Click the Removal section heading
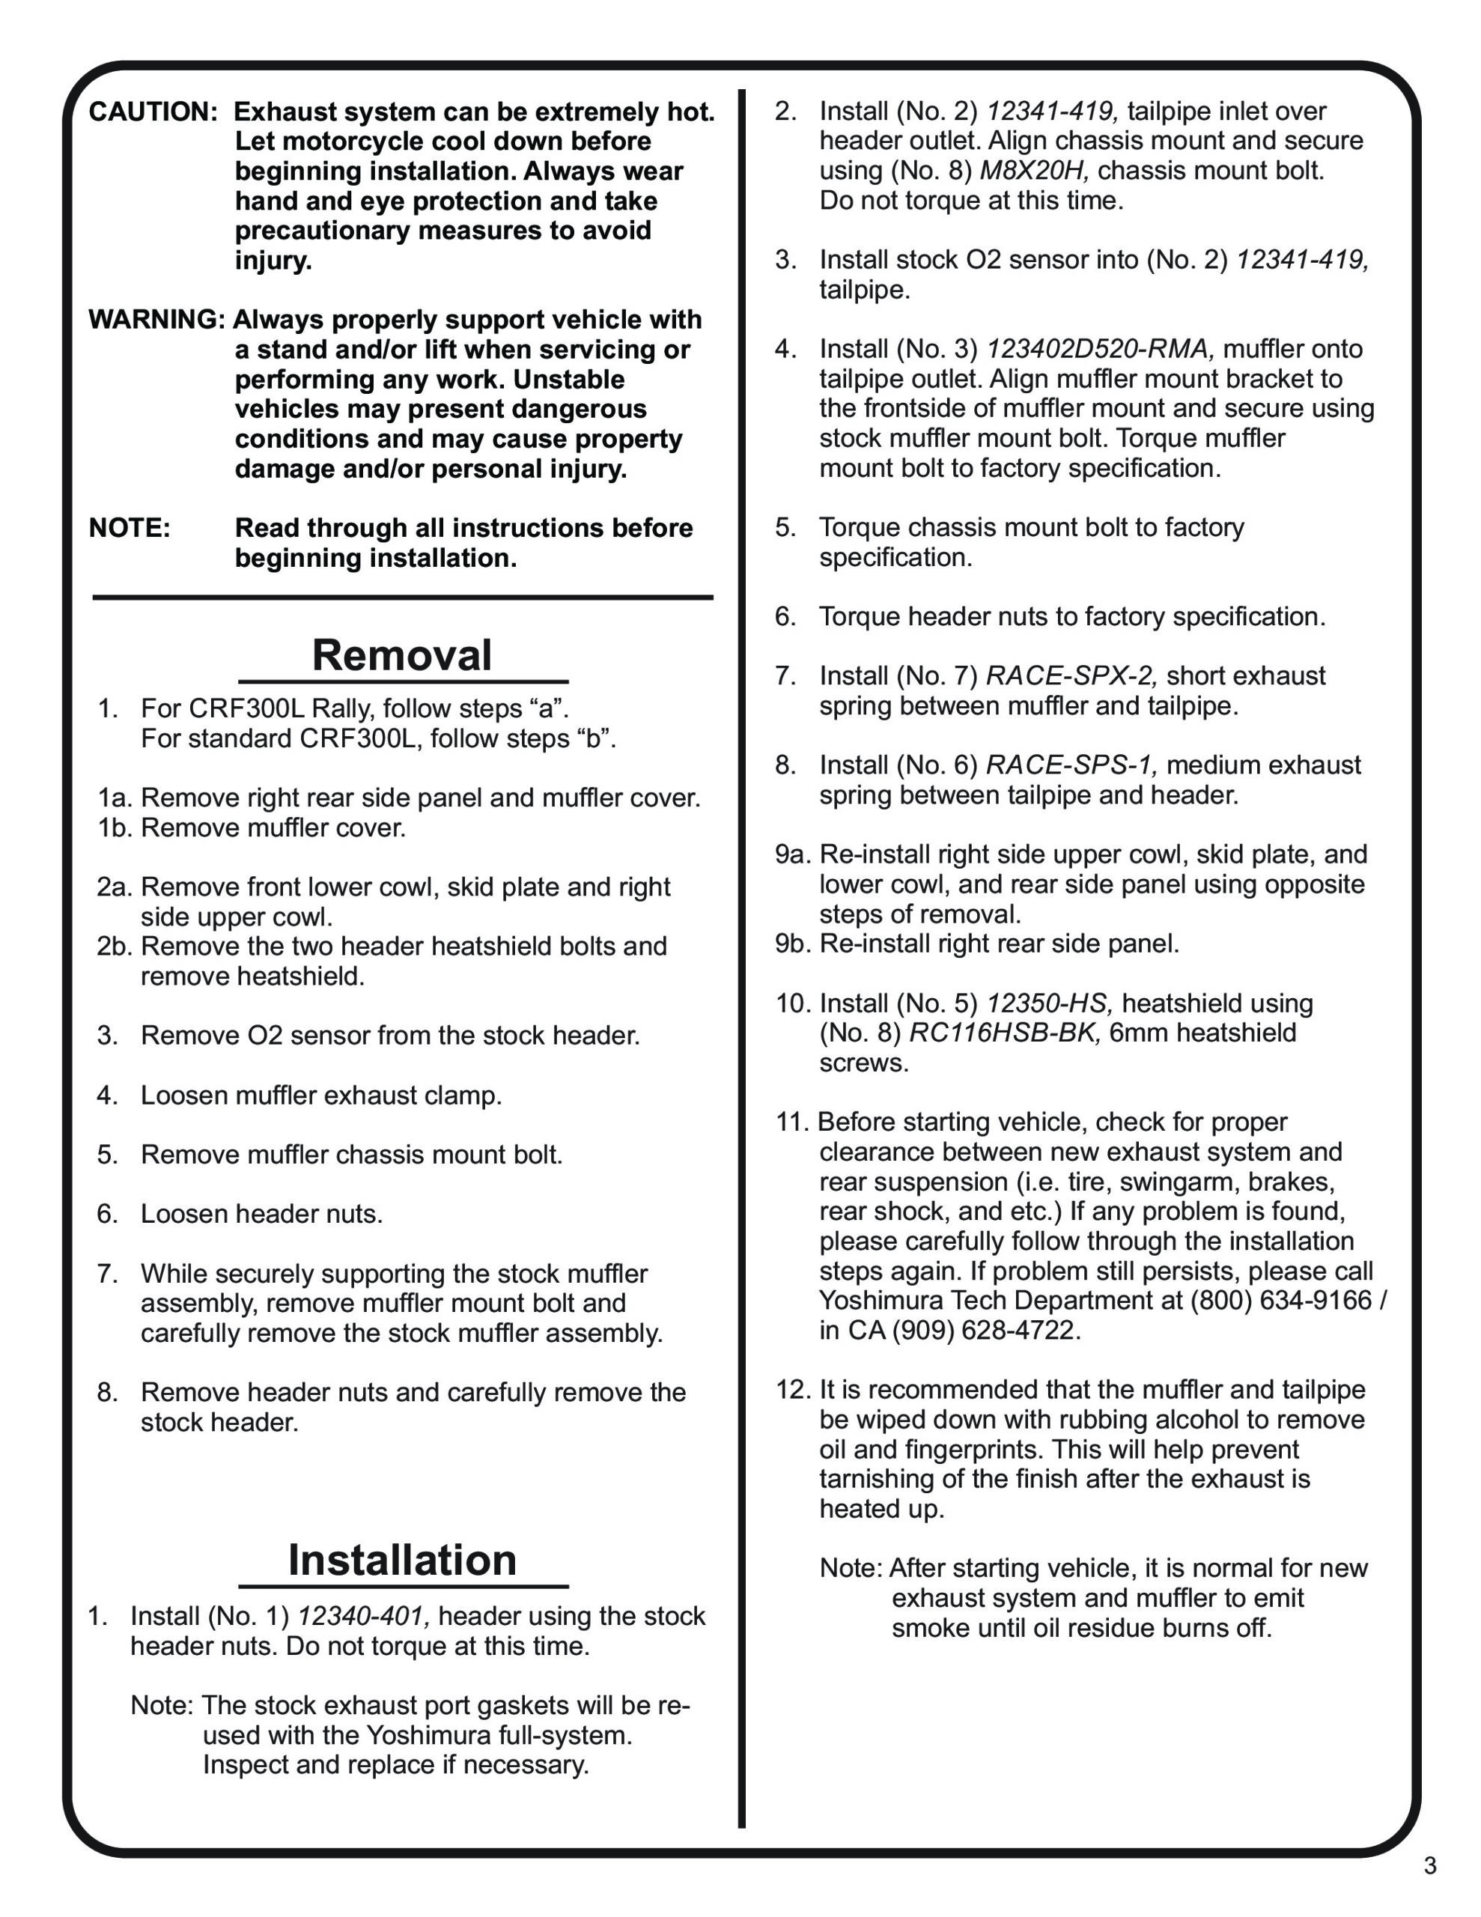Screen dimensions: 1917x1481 tap(401, 656)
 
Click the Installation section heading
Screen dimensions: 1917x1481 tap(402, 1560)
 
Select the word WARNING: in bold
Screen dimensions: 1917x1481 tap(157, 320)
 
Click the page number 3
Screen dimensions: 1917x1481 tap(1430, 1865)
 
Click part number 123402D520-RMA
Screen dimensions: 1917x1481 tap(1100, 350)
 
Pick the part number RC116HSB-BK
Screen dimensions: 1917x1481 tap(1004, 1033)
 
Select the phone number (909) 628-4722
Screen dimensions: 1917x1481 tap(987, 1331)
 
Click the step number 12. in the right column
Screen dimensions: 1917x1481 tap(792, 1391)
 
